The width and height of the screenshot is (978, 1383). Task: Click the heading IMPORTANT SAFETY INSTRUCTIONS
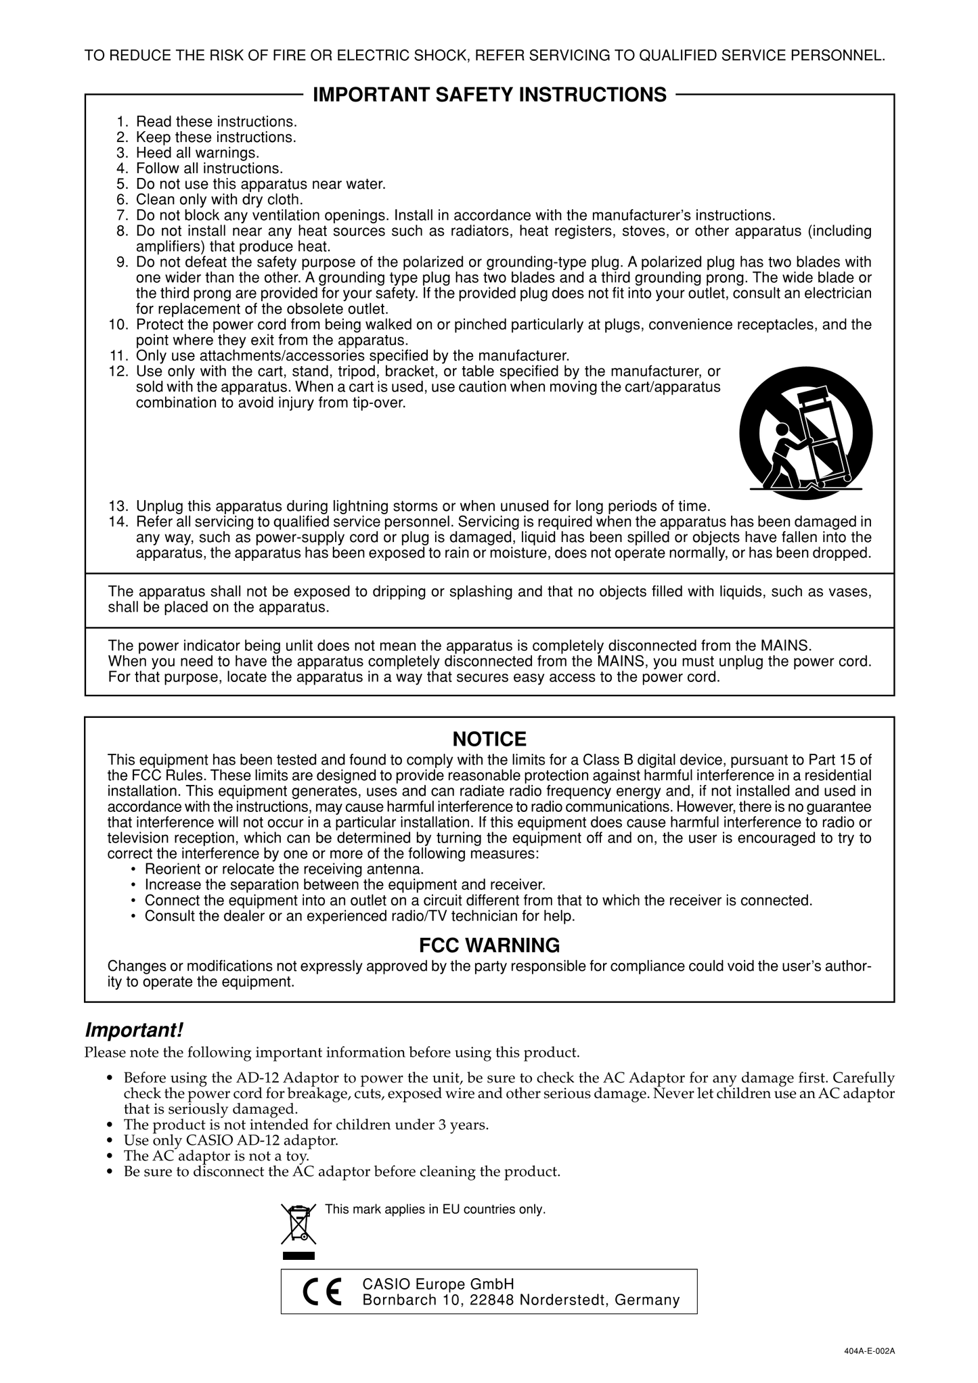[x=489, y=95]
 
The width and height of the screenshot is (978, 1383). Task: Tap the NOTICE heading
[x=489, y=739]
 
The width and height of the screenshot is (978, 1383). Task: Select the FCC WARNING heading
[x=489, y=945]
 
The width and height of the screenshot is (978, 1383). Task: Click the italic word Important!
[x=134, y=1030]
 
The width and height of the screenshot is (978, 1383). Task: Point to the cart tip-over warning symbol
[x=805, y=433]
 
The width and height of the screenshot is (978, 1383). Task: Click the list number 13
[x=118, y=507]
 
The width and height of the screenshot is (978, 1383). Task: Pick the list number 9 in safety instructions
[x=123, y=263]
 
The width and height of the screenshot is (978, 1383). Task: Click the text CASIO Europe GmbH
[x=439, y=1284]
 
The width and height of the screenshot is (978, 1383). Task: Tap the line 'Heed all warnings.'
[x=198, y=154]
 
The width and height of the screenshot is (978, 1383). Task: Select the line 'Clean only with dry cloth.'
[x=219, y=200]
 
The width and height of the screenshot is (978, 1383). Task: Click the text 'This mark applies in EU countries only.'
[x=435, y=1209]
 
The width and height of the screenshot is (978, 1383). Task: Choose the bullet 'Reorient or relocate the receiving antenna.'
[x=284, y=869]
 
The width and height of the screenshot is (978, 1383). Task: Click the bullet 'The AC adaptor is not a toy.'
[x=217, y=1156]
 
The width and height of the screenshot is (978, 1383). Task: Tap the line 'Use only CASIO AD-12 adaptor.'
[x=231, y=1141]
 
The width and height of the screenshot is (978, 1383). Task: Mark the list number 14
[x=118, y=522]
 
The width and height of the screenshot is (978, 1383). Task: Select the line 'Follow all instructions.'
[x=210, y=169]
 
